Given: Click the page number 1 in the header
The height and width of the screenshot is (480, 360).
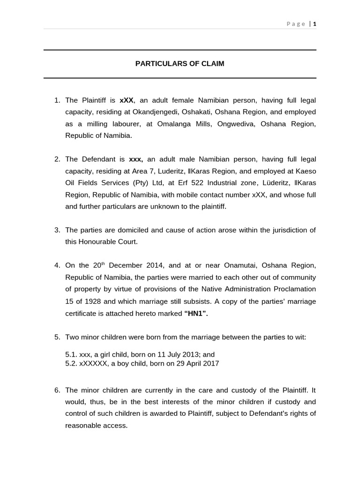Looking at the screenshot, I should tap(315, 24).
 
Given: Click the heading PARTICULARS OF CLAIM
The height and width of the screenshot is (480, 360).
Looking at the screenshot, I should tap(180, 64).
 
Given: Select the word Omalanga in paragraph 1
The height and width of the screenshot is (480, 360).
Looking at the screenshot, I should tap(188, 124).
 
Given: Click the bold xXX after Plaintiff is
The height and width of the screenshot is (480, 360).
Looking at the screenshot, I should tap(127, 100).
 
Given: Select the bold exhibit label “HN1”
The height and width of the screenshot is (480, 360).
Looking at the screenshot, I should tap(195, 313).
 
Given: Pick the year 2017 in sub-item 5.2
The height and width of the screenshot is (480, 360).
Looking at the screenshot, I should tap(211, 363).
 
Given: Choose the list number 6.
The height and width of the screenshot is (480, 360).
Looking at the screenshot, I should tap(57, 390).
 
